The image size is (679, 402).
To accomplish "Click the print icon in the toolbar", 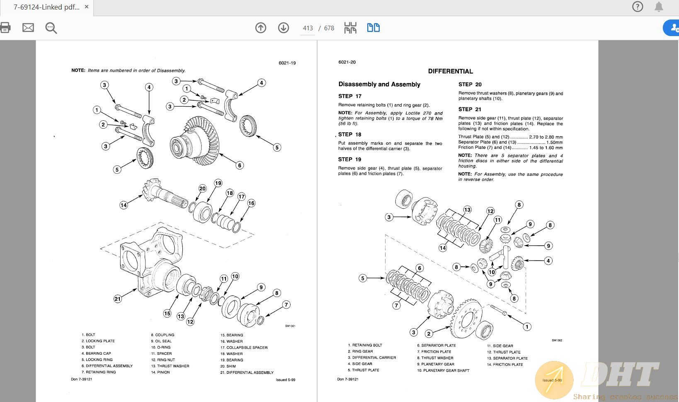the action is (5, 28).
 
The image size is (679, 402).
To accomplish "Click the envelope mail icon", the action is (28, 28).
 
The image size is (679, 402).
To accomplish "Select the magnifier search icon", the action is (51, 28).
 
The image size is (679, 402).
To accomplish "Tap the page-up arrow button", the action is (261, 28).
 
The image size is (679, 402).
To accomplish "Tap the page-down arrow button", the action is (284, 28).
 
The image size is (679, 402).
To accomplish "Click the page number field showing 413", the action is (308, 28).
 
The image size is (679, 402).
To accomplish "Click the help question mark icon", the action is (638, 7).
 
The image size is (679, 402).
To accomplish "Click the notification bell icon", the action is (659, 7).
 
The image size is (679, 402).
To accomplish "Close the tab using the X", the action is (87, 7).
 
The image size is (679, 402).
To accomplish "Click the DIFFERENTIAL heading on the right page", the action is (450, 71).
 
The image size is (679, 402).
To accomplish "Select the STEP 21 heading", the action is (470, 110).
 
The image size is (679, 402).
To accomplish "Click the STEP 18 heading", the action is (349, 134).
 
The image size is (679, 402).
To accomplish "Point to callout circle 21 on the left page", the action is (118, 299).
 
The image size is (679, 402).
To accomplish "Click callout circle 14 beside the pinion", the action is (124, 205).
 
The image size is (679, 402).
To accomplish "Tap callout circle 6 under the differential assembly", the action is (239, 165).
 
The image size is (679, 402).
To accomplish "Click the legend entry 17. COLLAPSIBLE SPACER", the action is (244, 348).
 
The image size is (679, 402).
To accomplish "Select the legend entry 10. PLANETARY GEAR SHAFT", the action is (443, 370).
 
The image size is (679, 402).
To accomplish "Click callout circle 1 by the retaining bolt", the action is (527, 326).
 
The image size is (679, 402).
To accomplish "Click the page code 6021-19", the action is (287, 63).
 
